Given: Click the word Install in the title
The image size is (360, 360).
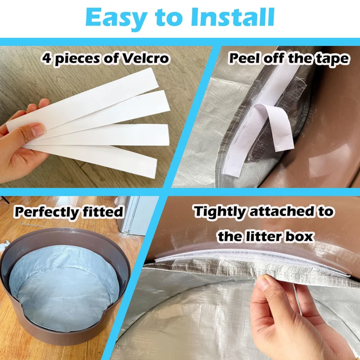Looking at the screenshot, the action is pyautogui.click(x=233, y=17).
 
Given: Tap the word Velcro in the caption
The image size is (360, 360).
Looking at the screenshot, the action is pyautogui.click(x=145, y=58).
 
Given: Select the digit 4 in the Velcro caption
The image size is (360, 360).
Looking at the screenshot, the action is pyautogui.click(x=46, y=58).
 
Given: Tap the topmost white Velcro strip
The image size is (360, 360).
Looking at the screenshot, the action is pyautogui.click(x=83, y=100).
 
